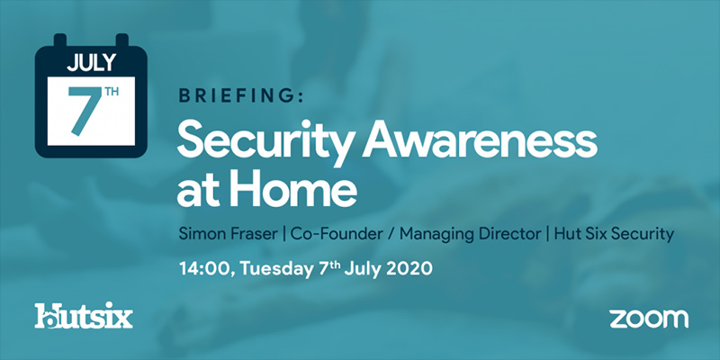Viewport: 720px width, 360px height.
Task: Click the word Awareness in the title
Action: (x=485, y=143)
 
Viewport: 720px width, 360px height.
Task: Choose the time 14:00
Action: (x=203, y=269)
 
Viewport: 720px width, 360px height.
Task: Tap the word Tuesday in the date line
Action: (x=286, y=269)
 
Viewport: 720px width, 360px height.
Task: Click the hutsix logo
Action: (x=83, y=317)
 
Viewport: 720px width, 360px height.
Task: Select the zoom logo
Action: (x=648, y=318)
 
